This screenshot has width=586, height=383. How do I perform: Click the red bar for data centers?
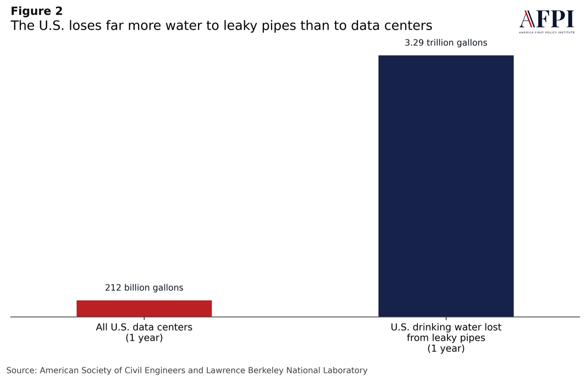[x=144, y=308]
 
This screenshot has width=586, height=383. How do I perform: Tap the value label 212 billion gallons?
[x=144, y=288]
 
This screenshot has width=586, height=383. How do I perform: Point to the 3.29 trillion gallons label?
[x=446, y=43]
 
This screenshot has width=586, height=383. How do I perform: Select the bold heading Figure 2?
[x=36, y=11]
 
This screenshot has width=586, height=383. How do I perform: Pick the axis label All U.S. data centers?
[x=144, y=327]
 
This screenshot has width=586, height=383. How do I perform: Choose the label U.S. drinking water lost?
[x=446, y=327]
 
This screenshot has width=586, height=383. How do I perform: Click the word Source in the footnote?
[x=21, y=371]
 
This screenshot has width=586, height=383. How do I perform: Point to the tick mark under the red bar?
[x=144, y=318]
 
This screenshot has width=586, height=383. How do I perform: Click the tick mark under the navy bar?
[x=446, y=318]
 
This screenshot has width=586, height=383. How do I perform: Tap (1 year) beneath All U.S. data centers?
[x=144, y=338]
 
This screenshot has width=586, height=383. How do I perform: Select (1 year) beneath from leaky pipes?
[x=446, y=349]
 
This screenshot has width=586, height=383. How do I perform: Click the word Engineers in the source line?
[x=166, y=371]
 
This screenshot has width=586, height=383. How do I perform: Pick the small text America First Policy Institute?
[x=547, y=32]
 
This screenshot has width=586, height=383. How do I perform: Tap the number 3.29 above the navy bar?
[x=414, y=43]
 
